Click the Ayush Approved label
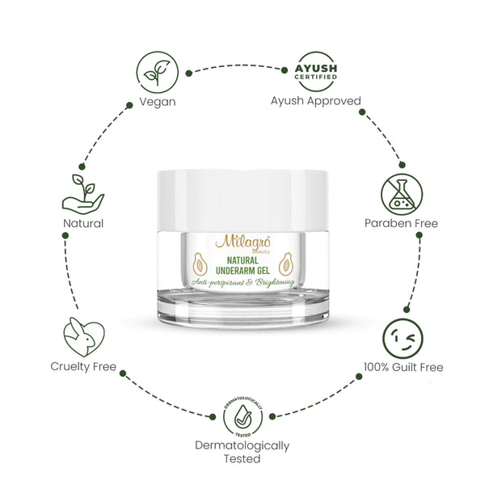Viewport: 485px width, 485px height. click(x=315, y=102)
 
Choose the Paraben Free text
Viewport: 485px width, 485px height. click(x=402, y=223)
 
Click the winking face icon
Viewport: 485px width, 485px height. click(x=402, y=338)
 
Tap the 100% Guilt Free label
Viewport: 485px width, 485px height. click(x=402, y=368)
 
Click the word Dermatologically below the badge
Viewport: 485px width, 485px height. click(x=242, y=445)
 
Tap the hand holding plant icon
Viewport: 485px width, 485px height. click(x=83, y=192)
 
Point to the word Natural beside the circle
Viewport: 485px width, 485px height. click(x=82, y=223)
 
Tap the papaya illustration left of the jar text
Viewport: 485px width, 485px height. click(x=199, y=263)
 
